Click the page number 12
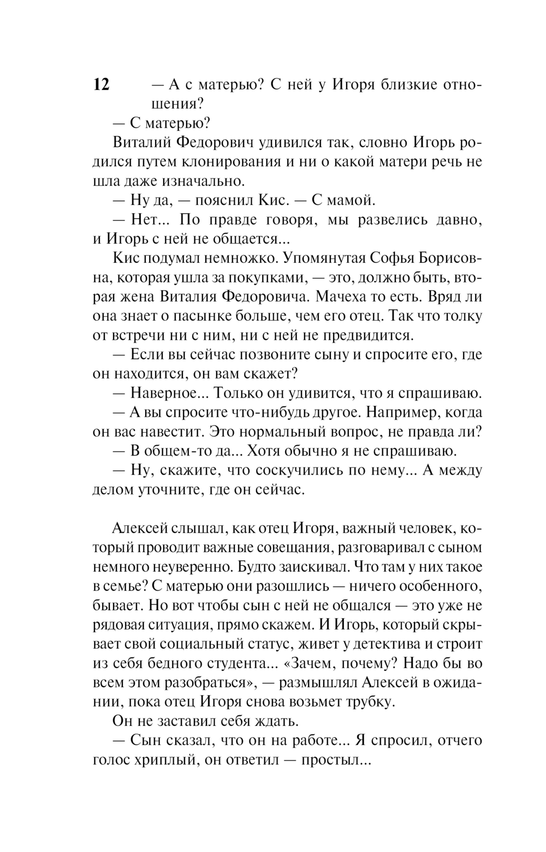(x=102, y=85)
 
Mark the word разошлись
(x=288, y=586)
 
